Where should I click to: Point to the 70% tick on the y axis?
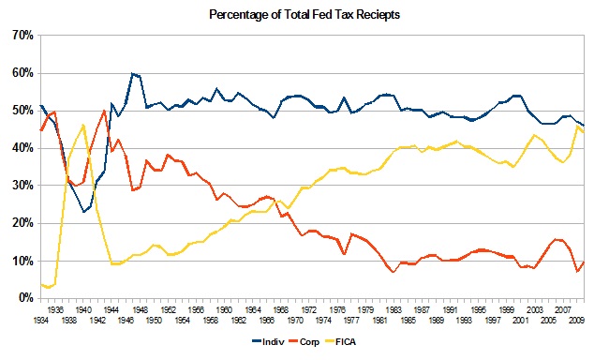(22, 36)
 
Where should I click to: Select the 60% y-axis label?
(22, 73)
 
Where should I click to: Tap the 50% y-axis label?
(22, 111)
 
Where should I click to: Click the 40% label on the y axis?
(22, 148)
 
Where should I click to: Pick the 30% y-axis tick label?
(22, 186)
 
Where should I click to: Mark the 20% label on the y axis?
(22, 223)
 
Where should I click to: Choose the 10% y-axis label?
(22, 261)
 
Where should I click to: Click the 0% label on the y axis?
(24, 298)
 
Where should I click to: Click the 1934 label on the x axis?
(40, 320)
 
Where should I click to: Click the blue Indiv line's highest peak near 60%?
(133, 73)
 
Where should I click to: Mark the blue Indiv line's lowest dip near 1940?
(84, 212)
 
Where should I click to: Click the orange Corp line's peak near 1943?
(103, 111)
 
